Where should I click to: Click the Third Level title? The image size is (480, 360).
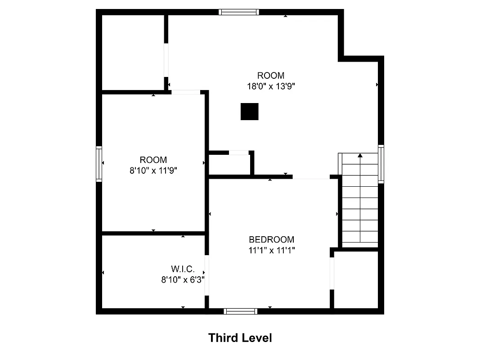(240, 337)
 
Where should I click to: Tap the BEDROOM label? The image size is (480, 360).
(271, 239)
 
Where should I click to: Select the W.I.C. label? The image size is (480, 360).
(183, 269)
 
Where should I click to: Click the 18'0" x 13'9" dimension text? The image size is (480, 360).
(271, 86)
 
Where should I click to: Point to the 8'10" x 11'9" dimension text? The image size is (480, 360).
(153, 170)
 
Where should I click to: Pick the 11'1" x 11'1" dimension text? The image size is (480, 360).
(271, 250)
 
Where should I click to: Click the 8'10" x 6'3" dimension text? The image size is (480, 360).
(183, 279)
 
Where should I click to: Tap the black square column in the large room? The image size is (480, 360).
(250, 112)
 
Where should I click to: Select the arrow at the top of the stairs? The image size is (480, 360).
(360, 156)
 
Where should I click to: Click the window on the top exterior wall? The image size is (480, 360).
(239, 12)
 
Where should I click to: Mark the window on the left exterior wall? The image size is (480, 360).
(99, 163)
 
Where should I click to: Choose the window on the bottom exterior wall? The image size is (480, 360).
(241, 311)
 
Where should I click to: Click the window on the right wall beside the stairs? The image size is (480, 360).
(381, 163)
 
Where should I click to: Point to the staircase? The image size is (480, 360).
(360, 200)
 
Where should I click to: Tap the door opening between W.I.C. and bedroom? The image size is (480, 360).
(207, 275)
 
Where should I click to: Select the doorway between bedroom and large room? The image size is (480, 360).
(311, 177)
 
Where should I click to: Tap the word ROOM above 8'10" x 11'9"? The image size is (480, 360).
(153, 160)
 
